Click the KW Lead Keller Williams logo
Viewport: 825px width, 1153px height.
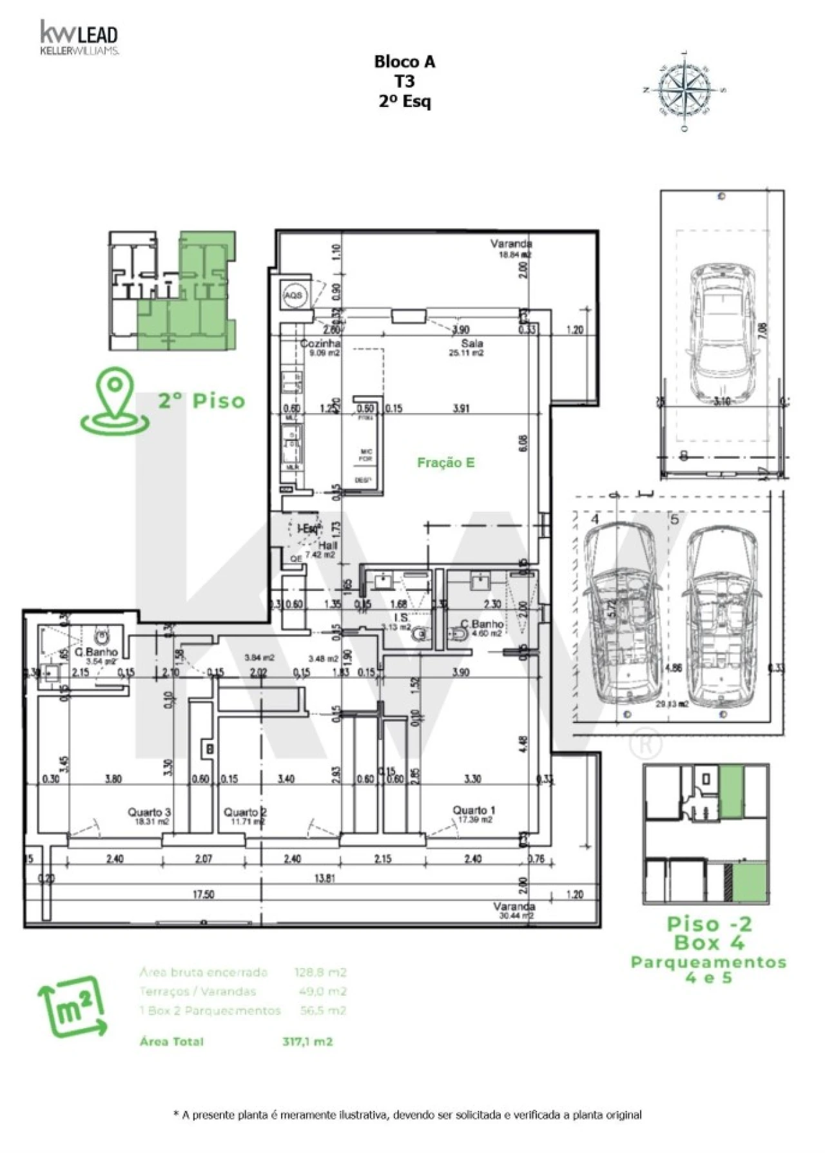pyautogui.click(x=79, y=38)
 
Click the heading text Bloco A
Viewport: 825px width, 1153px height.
pyautogui.click(x=404, y=62)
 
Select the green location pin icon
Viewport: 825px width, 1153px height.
pyautogui.click(x=115, y=400)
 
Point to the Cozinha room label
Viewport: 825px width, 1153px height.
pyautogui.click(x=320, y=344)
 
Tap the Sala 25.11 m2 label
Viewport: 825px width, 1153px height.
pyautogui.click(x=467, y=348)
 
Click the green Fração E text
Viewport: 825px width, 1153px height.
pyautogui.click(x=445, y=462)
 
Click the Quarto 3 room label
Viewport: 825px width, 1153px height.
pyautogui.click(x=149, y=815)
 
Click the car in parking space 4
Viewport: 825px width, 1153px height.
pyautogui.click(x=623, y=613)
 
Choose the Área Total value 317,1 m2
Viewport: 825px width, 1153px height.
pyautogui.click(x=307, y=1041)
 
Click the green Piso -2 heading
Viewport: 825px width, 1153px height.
pyautogui.click(x=709, y=924)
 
